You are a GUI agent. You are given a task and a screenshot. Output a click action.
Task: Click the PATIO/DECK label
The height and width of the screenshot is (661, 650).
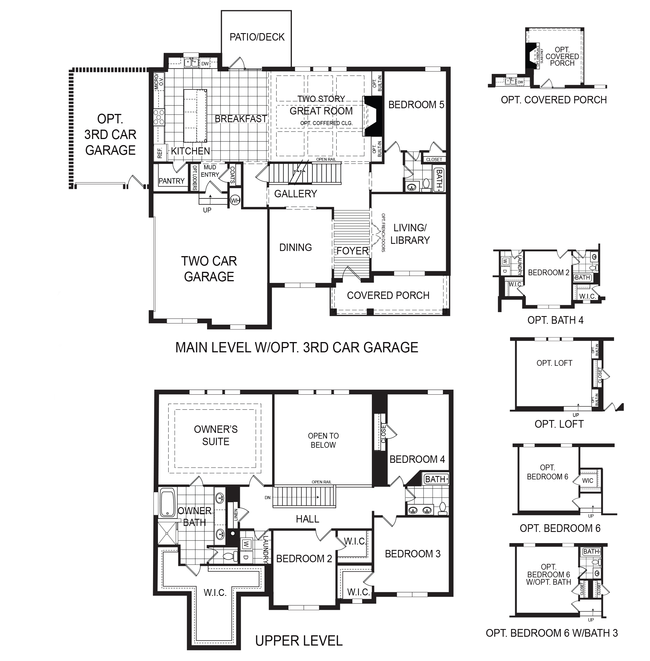click(257, 37)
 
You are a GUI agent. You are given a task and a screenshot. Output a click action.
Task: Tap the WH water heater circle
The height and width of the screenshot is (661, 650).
click(235, 200)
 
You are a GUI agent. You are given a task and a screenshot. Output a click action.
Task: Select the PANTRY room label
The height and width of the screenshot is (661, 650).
click(171, 181)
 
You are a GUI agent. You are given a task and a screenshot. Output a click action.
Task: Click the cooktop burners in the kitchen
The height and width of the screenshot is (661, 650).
click(159, 116)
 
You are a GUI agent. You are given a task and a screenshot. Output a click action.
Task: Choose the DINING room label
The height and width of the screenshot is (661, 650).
click(295, 247)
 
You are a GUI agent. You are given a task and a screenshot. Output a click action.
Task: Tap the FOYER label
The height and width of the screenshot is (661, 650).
click(353, 251)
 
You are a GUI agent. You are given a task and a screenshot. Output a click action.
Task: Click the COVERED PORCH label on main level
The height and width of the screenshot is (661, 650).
click(388, 295)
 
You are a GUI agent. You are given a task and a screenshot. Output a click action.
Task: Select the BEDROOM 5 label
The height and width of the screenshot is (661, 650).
click(416, 105)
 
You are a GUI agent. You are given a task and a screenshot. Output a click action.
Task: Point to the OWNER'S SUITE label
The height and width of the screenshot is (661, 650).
click(216, 435)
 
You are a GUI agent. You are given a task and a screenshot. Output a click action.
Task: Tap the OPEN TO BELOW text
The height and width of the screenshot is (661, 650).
click(323, 440)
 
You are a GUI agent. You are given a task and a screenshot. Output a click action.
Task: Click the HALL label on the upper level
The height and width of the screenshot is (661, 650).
click(307, 519)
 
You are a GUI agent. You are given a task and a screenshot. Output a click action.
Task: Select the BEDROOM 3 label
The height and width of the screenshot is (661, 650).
click(412, 554)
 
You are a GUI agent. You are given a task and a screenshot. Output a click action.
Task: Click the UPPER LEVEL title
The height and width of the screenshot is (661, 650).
click(299, 641)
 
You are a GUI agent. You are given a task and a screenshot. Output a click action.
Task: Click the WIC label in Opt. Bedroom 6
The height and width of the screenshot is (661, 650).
click(587, 481)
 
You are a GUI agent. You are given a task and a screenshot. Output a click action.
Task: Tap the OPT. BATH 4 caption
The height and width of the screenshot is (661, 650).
click(555, 320)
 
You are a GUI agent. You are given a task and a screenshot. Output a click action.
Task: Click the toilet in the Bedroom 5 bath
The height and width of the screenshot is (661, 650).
click(426, 184)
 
